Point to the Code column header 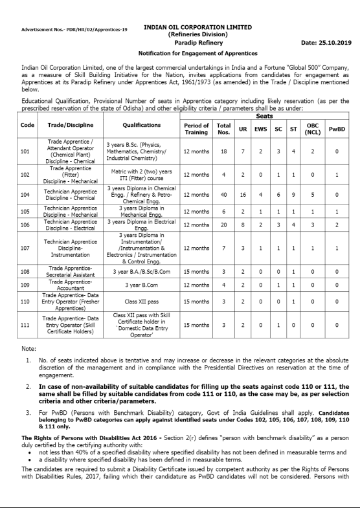pos(28,124)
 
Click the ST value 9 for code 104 pos(293,193)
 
